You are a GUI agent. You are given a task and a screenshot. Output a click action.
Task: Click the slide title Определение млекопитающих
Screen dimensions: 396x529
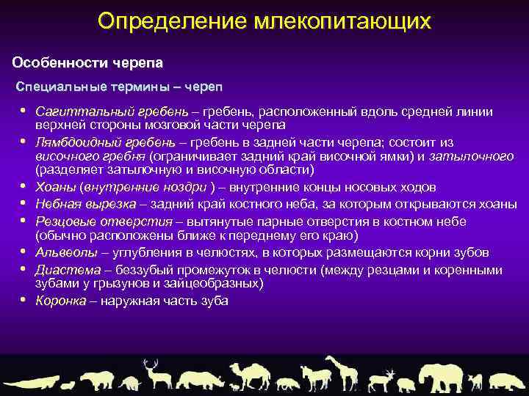(264, 21)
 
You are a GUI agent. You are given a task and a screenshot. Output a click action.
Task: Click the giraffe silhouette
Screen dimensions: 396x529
(341, 373)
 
